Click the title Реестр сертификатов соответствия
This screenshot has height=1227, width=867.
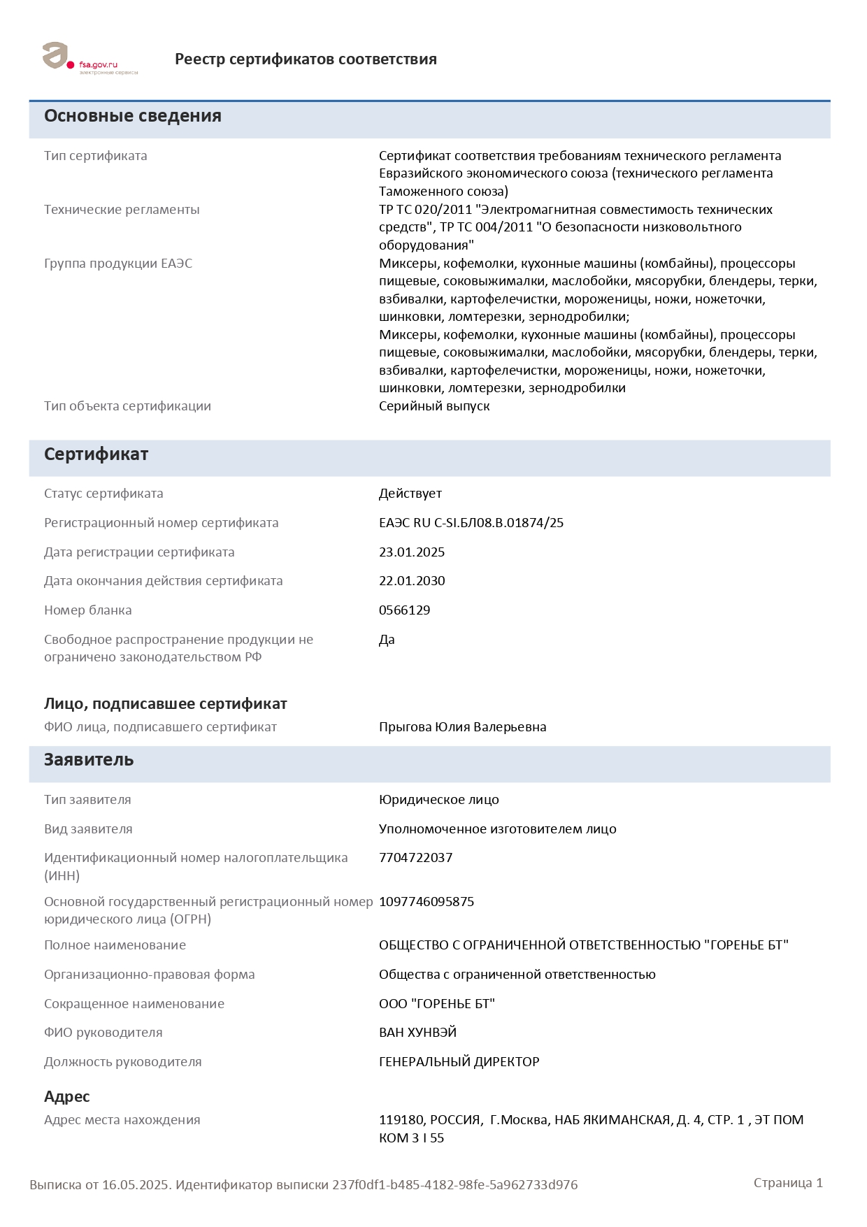[x=306, y=59]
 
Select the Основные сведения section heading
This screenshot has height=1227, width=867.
[x=133, y=116]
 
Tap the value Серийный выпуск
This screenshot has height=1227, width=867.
[x=434, y=406]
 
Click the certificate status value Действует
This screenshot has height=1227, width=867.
[x=410, y=494]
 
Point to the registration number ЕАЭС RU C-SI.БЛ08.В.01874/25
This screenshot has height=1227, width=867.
[x=471, y=523]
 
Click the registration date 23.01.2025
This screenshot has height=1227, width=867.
[x=412, y=552]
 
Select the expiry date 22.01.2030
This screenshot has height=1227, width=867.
[x=412, y=581]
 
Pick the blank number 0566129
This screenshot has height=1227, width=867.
[x=405, y=610]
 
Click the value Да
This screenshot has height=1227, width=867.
[x=387, y=640]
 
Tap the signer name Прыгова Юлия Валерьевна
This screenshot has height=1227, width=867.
[x=463, y=727]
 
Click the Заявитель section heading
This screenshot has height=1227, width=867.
[x=89, y=760]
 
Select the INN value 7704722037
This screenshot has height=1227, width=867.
[x=416, y=858]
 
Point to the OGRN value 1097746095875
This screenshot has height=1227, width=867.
[x=427, y=902]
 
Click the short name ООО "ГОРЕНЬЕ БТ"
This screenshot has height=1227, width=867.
[x=437, y=1004]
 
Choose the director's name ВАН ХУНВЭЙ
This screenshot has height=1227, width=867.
[x=418, y=1033]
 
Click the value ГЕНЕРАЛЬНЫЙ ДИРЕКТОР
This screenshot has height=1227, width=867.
[x=459, y=1062]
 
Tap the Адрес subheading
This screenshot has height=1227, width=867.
[x=67, y=1096]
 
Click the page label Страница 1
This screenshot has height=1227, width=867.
[x=788, y=1183]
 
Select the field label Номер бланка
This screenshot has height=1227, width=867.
[x=88, y=610]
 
